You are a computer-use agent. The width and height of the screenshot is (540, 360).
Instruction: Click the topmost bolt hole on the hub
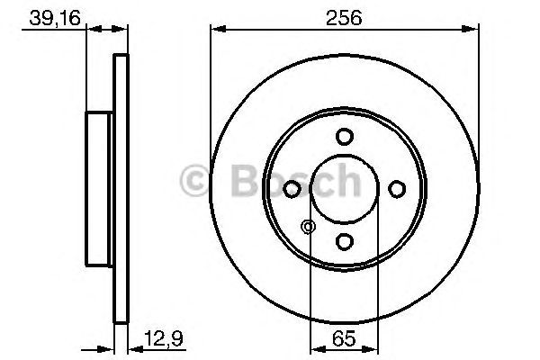tap(344, 137)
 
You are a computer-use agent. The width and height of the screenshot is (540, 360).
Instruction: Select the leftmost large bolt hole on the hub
tap(292, 189)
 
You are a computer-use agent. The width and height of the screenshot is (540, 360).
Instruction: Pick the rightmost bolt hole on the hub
tap(396, 188)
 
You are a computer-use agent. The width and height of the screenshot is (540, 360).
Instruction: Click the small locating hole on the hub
tap(309, 227)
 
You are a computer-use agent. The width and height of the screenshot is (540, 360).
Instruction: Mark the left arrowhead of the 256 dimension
tap(216, 31)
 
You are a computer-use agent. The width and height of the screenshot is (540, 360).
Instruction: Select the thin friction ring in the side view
tap(121, 189)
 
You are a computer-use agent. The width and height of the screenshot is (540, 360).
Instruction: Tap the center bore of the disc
tap(344, 189)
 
